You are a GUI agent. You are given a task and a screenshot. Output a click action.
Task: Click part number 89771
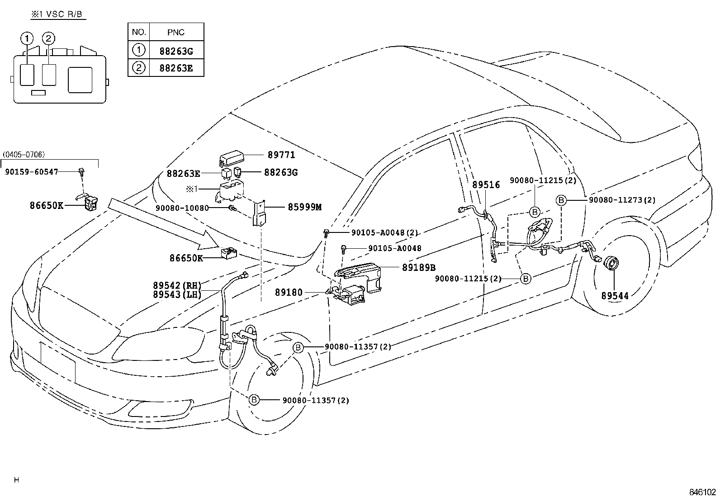[281, 155]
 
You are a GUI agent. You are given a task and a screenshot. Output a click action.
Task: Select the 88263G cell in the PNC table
[175, 51]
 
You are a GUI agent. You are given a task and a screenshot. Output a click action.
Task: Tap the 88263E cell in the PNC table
[175, 68]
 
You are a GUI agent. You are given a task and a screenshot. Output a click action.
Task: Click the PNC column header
[175, 32]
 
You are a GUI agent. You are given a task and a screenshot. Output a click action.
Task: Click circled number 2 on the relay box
[49, 38]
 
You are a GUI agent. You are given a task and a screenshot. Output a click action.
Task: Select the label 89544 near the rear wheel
[615, 296]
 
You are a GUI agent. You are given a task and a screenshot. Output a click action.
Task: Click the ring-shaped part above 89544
[612, 263]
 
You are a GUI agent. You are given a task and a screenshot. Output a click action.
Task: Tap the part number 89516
[486, 185]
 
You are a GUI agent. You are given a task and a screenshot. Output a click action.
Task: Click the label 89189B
[419, 267]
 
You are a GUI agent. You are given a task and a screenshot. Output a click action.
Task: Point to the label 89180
[289, 293]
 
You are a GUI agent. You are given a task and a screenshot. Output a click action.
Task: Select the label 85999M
[304, 207]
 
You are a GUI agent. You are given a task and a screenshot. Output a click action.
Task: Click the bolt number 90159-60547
[32, 172]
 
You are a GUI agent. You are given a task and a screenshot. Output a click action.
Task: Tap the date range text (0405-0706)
[24, 155]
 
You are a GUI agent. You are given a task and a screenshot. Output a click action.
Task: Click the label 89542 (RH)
[176, 285]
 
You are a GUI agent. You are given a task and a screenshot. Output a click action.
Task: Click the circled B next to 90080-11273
[561, 200]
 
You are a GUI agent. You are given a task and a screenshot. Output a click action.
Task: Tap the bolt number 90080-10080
[182, 208]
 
